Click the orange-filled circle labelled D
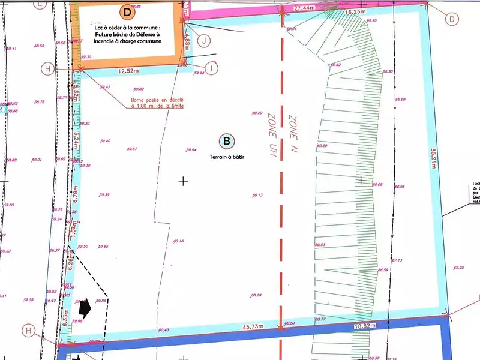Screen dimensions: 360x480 127,11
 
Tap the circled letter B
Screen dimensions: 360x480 227,142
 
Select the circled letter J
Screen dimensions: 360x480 205,41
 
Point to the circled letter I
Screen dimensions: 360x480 211,67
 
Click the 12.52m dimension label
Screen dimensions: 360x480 129,71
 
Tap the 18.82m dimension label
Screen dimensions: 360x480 364,325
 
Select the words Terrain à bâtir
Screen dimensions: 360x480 227,157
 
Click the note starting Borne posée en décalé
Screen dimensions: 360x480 157,103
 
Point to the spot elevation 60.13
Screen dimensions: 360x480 258,195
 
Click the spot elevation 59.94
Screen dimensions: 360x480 191,150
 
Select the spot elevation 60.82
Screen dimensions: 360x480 335,65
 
